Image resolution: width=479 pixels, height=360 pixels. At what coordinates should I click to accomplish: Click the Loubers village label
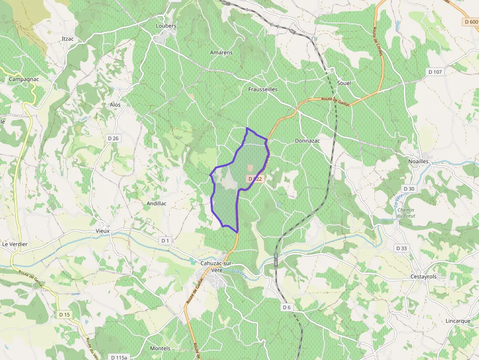(166, 25)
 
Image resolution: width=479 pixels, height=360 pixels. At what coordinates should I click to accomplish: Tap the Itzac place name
(68, 39)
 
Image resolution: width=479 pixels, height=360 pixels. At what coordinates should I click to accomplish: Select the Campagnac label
(24, 79)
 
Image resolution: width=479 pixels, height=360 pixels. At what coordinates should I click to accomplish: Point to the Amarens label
(221, 52)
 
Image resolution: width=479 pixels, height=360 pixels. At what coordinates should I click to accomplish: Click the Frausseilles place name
(263, 89)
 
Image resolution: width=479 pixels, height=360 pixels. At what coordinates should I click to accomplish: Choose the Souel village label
(344, 83)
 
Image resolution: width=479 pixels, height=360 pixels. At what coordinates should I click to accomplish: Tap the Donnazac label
(307, 141)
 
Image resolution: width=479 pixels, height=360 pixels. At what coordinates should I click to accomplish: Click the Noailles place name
(418, 161)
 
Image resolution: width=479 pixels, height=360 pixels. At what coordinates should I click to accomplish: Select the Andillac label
(157, 203)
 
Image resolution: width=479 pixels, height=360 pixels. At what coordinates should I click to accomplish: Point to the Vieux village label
(103, 231)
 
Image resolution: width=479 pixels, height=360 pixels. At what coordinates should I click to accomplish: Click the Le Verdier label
(15, 244)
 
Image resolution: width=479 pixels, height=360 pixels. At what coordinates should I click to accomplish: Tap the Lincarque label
(458, 321)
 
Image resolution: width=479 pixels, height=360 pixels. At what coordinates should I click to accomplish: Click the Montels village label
(160, 348)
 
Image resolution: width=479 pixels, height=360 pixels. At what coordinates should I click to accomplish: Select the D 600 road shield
(471, 21)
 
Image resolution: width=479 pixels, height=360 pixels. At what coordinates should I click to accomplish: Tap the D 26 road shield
(113, 138)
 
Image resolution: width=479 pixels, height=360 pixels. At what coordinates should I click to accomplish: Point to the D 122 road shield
(255, 179)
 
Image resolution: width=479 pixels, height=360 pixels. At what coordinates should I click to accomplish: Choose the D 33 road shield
(401, 248)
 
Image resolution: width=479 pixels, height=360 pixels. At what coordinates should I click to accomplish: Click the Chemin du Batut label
(406, 212)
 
